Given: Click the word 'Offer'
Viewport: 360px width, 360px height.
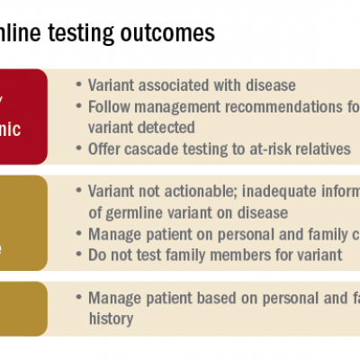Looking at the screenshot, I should coord(106,148).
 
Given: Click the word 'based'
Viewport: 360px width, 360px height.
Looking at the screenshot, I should coord(224,297).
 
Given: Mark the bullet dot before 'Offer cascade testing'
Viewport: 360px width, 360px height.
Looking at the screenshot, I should coord(80,148).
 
